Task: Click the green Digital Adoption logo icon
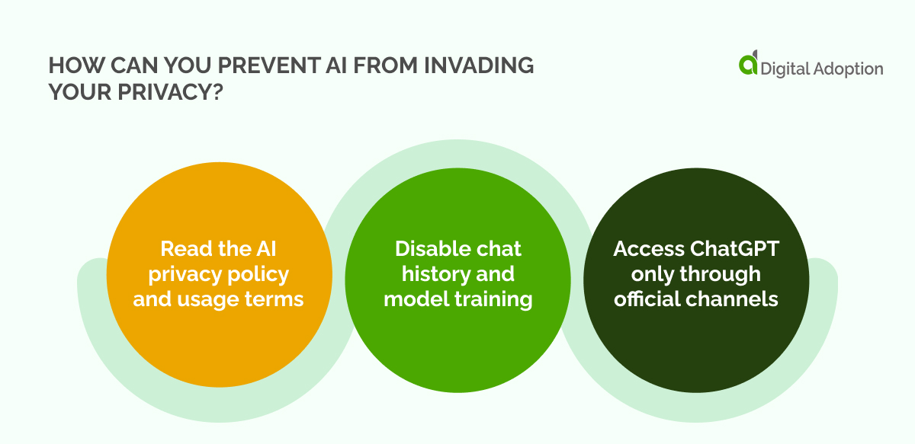[x=748, y=64]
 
